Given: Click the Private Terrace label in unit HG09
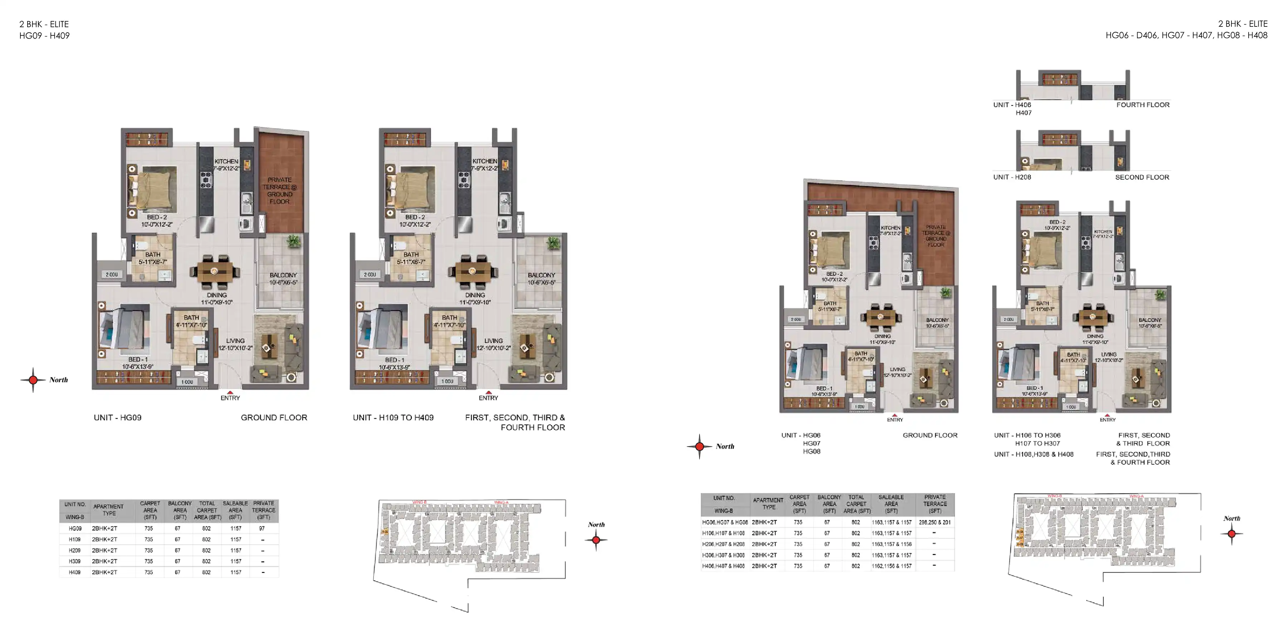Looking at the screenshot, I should click(279, 190).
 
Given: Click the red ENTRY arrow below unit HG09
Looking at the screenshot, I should click(230, 393).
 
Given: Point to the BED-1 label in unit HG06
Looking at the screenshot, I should click(824, 389).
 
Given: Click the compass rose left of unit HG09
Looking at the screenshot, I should click(33, 380).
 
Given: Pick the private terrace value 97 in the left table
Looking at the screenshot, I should click(262, 528).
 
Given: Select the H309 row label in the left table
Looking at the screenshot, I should click(74, 561).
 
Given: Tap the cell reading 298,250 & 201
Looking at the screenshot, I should click(935, 522).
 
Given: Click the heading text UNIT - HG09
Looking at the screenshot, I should click(117, 418).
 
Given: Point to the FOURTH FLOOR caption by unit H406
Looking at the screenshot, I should click(1142, 105).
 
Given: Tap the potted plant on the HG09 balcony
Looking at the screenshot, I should click(294, 242).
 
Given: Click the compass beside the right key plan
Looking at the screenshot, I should click(1231, 533).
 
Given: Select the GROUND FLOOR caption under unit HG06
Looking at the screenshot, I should click(930, 435).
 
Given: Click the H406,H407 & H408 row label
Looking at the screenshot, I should click(723, 566).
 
